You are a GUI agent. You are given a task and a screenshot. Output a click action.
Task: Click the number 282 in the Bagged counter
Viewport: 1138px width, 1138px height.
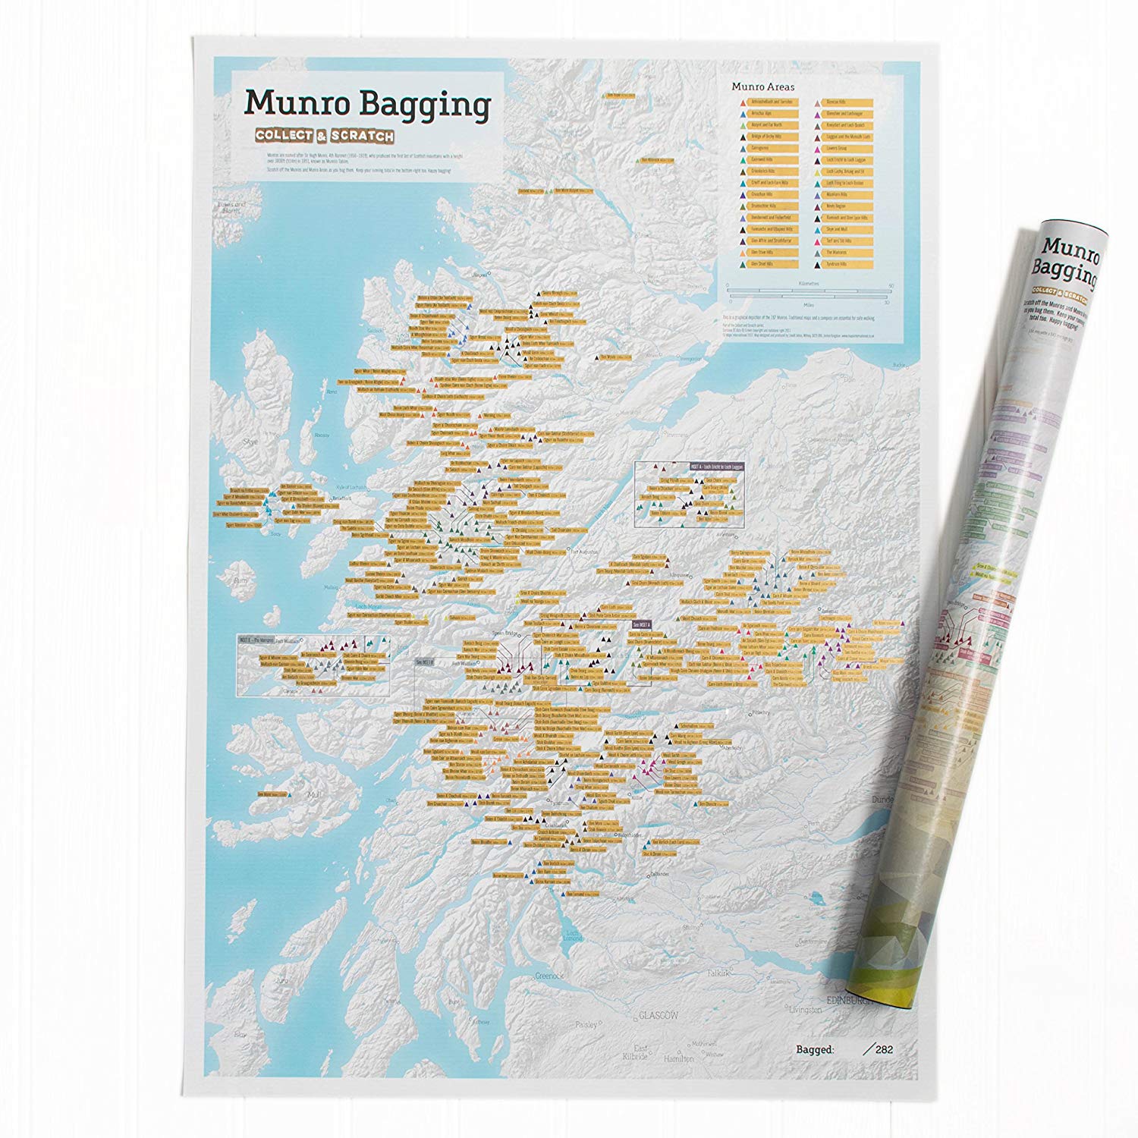click(x=884, y=1050)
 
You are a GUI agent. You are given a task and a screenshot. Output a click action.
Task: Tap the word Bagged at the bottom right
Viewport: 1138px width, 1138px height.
click(x=816, y=1050)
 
